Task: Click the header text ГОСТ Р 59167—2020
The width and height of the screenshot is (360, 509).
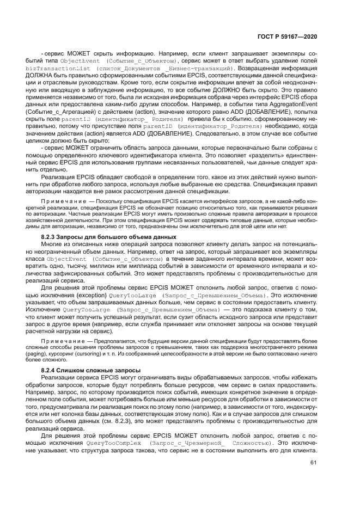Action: pos(288,36)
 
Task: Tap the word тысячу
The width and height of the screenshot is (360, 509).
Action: pos(86,266)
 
